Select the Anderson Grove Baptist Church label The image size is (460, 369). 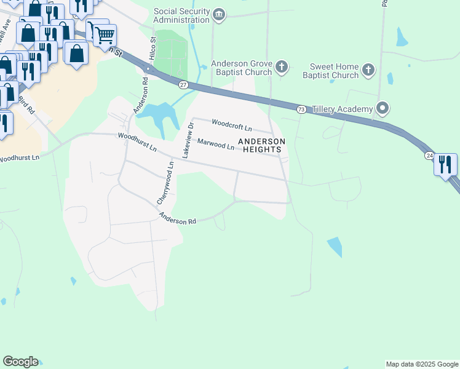[x=241, y=68]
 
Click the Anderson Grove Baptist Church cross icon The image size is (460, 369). [x=281, y=66]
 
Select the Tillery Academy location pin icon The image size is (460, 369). [x=383, y=109]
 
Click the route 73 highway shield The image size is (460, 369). [x=301, y=109]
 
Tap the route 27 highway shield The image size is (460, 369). [x=183, y=84]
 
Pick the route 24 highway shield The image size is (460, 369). [x=429, y=156]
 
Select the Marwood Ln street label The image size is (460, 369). [x=215, y=145]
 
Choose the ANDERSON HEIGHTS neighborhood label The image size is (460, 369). [x=262, y=145]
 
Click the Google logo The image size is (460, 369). [x=20, y=362]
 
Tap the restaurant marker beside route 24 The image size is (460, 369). [x=445, y=164]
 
